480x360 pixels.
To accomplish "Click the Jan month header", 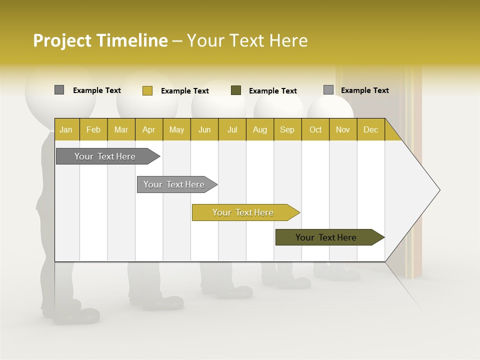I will pyautogui.click(x=66, y=129).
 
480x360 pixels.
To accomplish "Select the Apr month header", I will pyautogui.click(x=149, y=129).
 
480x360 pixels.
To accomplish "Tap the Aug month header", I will pyautogui.click(x=259, y=129).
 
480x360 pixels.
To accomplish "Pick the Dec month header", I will pyautogui.click(x=370, y=129).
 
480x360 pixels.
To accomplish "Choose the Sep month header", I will pyautogui.click(x=287, y=129).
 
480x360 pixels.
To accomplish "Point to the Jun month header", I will pyautogui.click(x=204, y=129).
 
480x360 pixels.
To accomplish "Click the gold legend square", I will pyautogui.click(x=147, y=90).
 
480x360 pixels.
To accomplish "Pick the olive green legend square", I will pyautogui.click(x=236, y=90).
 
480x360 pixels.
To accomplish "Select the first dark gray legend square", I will pyautogui.click(x=59, y=90).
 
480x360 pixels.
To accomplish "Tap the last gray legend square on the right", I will pyautogui.click(x=328, y=90).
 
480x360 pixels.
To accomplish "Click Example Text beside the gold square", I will pyautogui.click(x=185, y=91).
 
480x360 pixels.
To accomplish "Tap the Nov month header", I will pyautogui.click(x=342, y=129).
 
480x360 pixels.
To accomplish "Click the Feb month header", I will pyautogui.click(x=93, y=129).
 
